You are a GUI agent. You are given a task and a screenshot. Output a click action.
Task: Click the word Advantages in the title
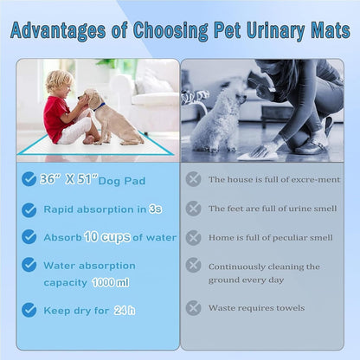(64, 30)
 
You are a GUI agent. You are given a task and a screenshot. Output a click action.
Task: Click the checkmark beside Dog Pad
(29, 179)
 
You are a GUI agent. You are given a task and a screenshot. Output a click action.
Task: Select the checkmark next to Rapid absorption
(29, 209)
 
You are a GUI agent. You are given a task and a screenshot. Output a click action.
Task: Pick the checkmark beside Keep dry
(29, 309)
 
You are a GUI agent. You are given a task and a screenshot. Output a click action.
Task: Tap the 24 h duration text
(124, 309)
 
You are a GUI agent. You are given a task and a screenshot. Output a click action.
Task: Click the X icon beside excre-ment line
(194, 179)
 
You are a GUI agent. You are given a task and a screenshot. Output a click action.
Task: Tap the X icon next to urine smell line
(194, 209)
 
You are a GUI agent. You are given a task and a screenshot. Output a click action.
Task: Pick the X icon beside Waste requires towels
(194, 307)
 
